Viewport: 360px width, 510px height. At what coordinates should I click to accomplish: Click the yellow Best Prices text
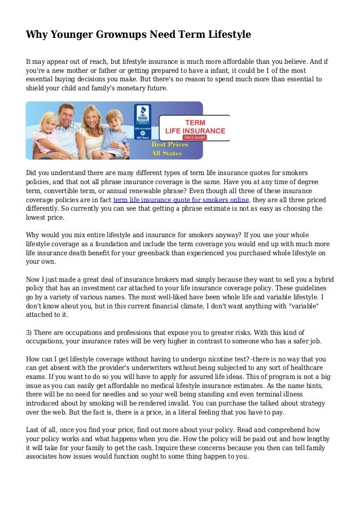coord(169,145)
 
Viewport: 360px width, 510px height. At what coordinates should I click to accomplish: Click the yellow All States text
coord(169,153)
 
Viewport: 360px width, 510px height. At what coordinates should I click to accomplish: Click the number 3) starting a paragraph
coord(30,333)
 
